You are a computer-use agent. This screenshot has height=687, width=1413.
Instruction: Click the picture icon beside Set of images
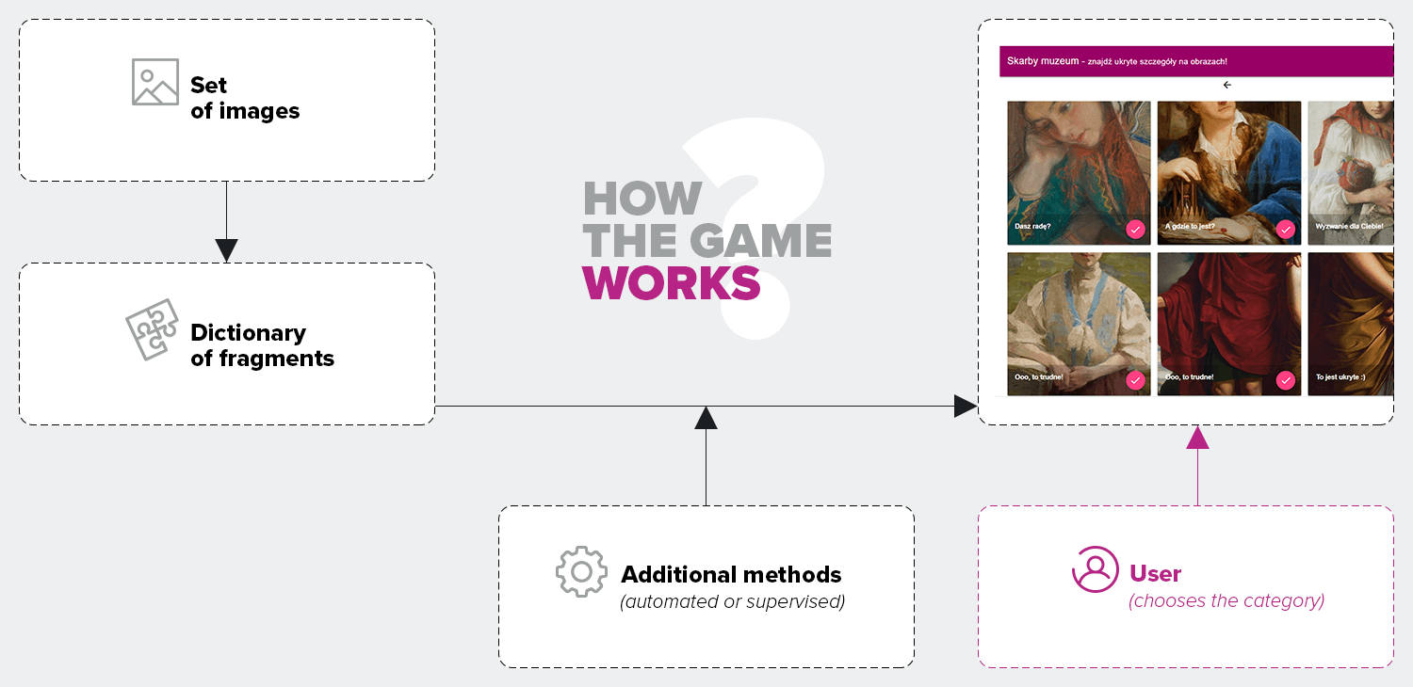pyautogui.click(x=155, y=82)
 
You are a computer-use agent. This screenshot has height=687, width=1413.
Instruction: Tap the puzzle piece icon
pyautogui.click(x=153, y=328)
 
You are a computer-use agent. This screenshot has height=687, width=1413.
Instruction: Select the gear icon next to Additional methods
pyautogui.click(x=580, y=571)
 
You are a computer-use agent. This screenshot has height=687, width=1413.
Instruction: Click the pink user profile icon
pyautogui.click(x=1096, y=569)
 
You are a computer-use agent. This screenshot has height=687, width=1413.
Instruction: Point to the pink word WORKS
pyautogui.click(x=671, y=283)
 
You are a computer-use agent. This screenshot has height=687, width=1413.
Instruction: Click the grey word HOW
pyautogui.click(x=642, y=199)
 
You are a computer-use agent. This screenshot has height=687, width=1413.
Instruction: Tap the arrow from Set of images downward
pyautogui.click(x=226, y=248)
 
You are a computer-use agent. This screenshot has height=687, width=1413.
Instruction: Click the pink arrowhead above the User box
pyautogui.click(x=1197, y=438)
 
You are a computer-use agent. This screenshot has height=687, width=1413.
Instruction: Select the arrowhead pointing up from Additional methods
pyautogui.click(x=706, y=418)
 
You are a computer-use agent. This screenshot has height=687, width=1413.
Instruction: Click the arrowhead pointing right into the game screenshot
pyautogui.click(x=965, y=407)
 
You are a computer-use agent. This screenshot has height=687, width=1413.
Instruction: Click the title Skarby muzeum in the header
pyautogui.click(x=1043, y=61)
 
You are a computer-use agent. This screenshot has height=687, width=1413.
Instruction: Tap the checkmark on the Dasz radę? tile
pyautogui.click(x=1135, y=229)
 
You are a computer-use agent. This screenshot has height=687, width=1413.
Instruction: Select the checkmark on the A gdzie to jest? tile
pyautogui.click(x=1285, y=229)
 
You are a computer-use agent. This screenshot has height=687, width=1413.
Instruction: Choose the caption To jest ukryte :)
pyautogui.click(x=1340, y=377)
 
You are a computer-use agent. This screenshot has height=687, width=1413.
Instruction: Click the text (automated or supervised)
pyautogui.click(x=732, y=601)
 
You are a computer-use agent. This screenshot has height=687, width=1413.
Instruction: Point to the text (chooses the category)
pyautogui.click(x=1226, y=600)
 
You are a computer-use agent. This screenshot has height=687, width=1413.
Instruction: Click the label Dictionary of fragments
pyautogui.click(x=262, y=345)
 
